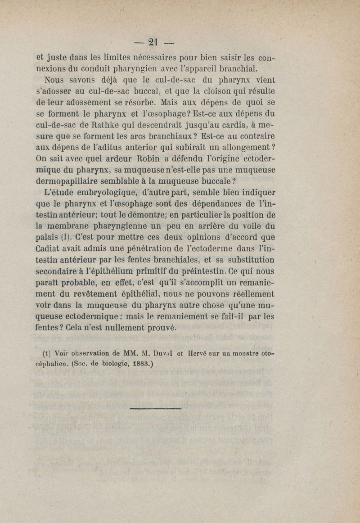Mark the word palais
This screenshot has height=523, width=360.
tap(49, 237)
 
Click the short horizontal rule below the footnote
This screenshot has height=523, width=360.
tap(155, 408)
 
